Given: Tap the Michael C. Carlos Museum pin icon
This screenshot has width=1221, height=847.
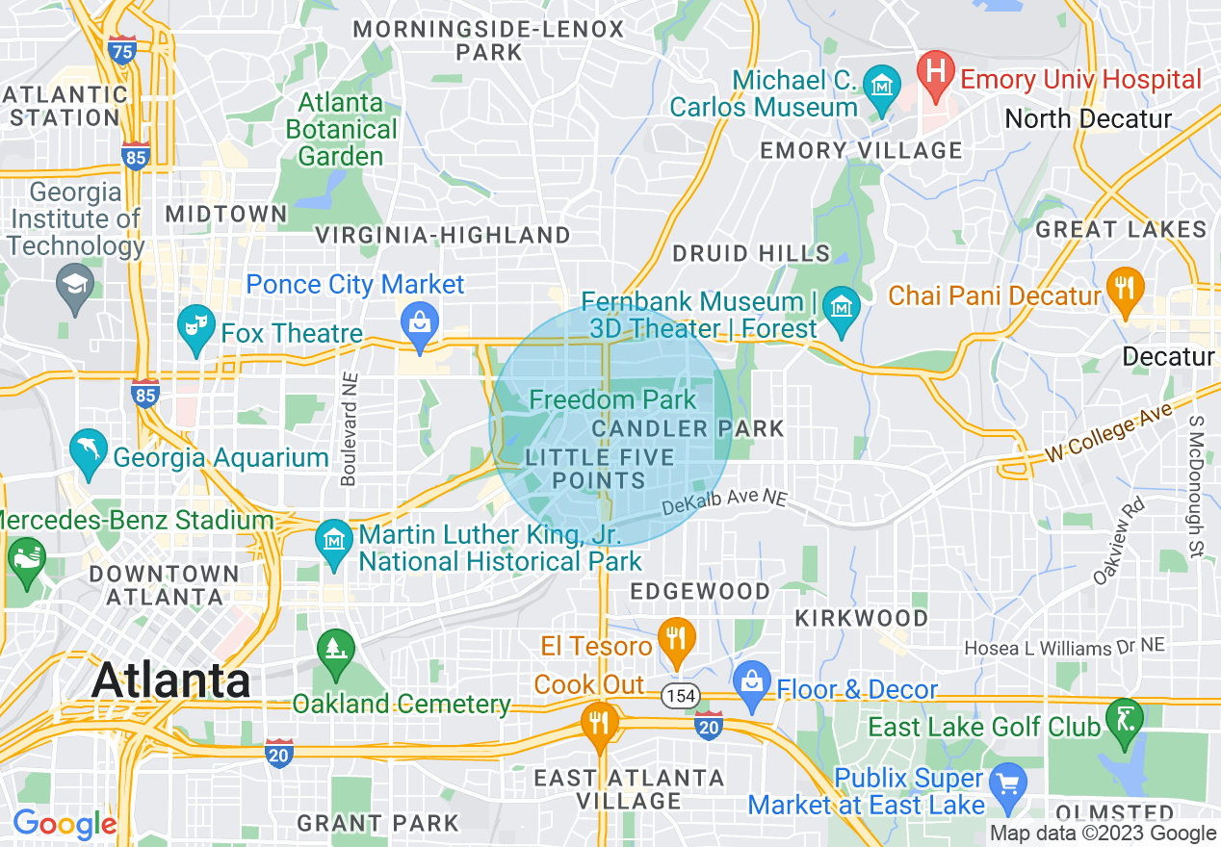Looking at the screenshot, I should point(880,84).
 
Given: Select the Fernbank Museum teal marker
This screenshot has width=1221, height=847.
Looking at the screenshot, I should point(843,306).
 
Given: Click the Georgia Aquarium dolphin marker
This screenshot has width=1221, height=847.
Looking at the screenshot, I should point(88,449).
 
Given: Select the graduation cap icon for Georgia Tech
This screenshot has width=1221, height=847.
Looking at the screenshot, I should point(73,284).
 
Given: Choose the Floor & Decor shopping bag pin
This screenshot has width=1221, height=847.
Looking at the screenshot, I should point(751,681).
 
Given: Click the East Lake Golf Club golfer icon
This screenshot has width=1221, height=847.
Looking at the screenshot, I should point(1124,717).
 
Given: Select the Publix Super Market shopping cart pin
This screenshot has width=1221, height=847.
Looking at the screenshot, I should point(1008,781).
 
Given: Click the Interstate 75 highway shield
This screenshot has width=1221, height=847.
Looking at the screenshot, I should point(122,50).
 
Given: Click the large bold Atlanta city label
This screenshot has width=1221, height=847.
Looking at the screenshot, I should point(171,681).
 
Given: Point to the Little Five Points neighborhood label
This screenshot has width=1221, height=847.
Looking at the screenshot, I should point(585,469).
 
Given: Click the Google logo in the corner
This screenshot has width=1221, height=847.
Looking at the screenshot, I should point(65,825).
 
